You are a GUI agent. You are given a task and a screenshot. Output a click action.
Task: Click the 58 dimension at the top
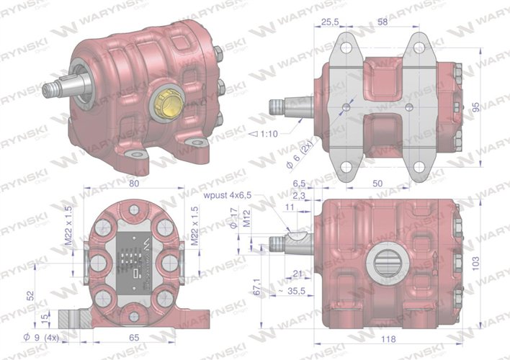coord(382,23)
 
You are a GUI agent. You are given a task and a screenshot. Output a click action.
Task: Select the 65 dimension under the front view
coord(133,336)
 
